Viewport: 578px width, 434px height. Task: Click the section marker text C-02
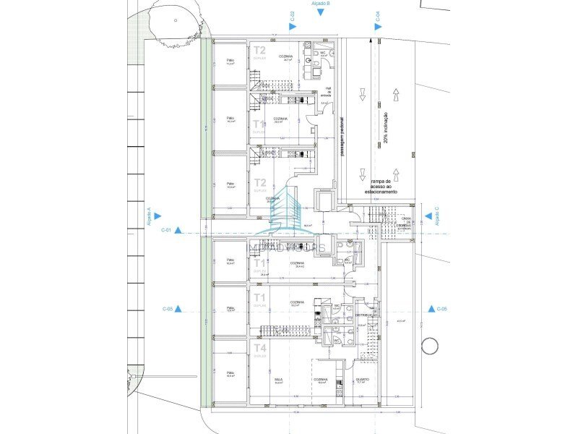click(292, 15)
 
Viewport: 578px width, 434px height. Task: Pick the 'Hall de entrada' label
click(328, 91)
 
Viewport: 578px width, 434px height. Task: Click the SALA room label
click(278, 379)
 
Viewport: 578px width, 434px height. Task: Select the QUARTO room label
click(362, 379)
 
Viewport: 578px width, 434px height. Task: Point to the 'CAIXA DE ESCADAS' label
click(402, 221)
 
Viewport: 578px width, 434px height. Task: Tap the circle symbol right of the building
click(430, 346)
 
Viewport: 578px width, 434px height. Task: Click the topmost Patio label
click(230, 61)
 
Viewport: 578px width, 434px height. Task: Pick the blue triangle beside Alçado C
click(428, 215)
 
